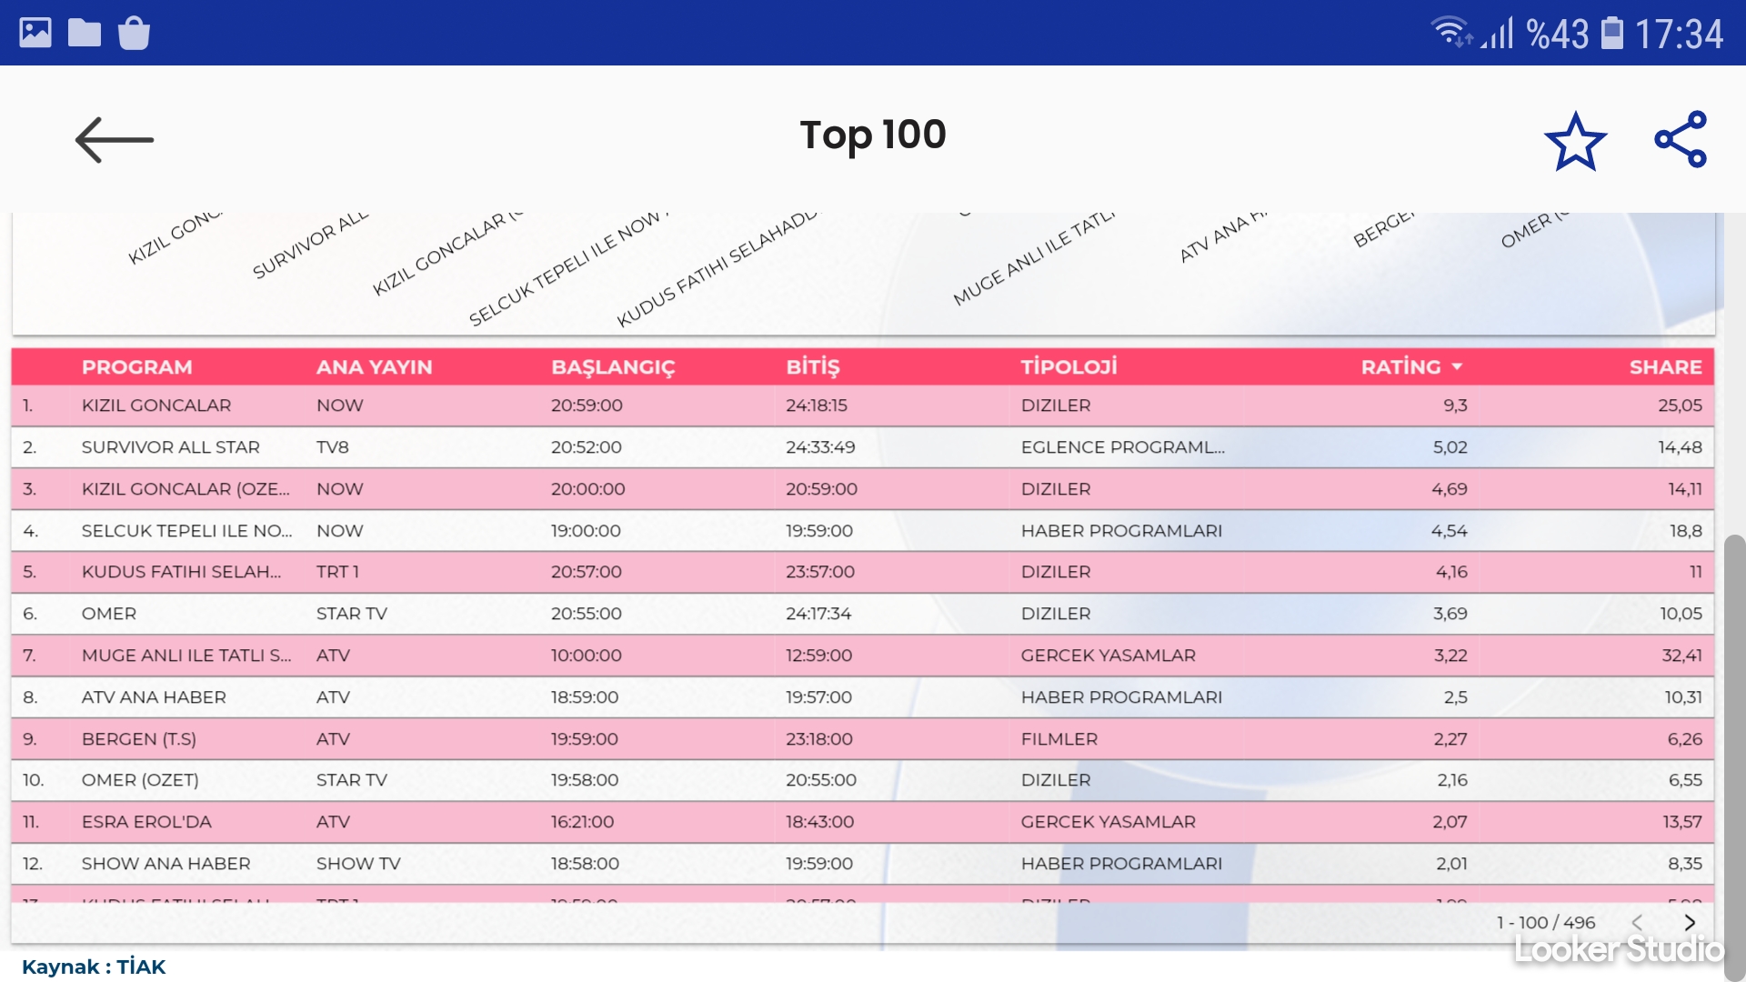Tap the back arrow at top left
(114, 140)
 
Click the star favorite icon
(1575, 141)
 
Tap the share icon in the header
(1681, 140)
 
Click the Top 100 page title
(873, 135)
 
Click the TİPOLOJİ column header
(1069, 367)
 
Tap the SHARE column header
(1665, 367)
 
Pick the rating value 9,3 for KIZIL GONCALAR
(1455, 406)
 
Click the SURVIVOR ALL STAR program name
(170, 447)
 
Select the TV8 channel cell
(333, 447)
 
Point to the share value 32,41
(1681, 656)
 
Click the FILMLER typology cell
(1059, 739)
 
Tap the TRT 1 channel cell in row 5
(337, 572)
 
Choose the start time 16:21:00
(582, 822)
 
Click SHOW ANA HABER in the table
(166, 864)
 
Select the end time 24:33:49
(820, 447)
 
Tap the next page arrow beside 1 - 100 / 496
(1690, 923)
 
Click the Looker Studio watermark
(1619, 950)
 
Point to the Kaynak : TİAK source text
(94, 967)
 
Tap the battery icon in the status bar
(1611, 33)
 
